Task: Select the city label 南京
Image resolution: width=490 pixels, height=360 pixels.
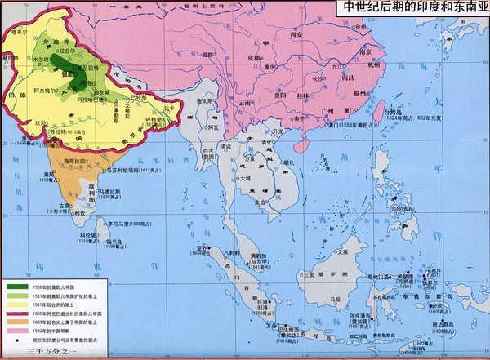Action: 365,51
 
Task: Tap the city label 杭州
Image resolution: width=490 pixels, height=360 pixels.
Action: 373,68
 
